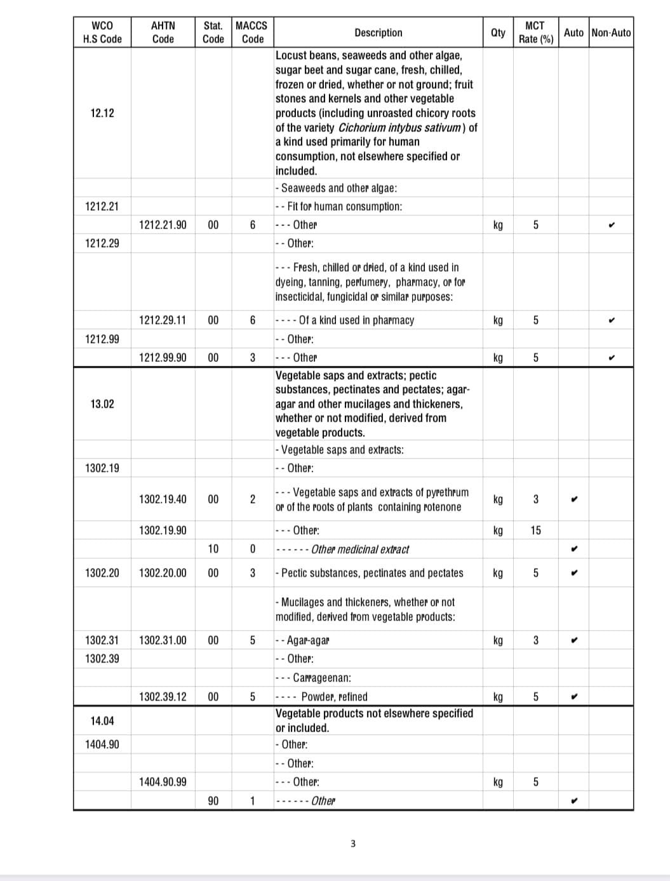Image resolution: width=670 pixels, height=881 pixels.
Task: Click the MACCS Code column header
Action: coord(251,32)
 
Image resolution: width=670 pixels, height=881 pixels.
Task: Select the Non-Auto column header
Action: coord(610,32)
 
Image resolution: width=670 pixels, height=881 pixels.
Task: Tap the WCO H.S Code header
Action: coord(102,32)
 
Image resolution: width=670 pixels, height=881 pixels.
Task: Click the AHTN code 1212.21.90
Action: coord(163,225)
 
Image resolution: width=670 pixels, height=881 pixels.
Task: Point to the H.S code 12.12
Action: coord(102,113)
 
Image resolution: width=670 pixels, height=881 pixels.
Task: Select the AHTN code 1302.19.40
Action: coord(163,499)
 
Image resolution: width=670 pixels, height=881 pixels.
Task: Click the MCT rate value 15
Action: coord(535,530)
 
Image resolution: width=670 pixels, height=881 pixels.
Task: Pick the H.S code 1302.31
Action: coord(102,640)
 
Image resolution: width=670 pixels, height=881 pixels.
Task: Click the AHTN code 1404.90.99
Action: coord(163,782)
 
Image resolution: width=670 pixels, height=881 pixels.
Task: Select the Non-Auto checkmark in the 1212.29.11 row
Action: coord(610,320)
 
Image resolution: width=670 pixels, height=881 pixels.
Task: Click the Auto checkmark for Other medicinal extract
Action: coord(573,549)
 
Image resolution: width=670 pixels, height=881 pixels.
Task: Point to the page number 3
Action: coord(353,844)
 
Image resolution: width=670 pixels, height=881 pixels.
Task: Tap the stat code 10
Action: coord(213,549)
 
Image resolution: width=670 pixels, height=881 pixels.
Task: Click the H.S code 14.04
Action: coord(102,721)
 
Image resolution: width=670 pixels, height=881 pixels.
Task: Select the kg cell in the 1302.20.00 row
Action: coord(499,573)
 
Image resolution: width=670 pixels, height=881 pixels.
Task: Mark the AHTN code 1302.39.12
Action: coord(163,697)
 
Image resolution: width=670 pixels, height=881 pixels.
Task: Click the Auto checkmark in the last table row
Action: coord(573,800)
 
